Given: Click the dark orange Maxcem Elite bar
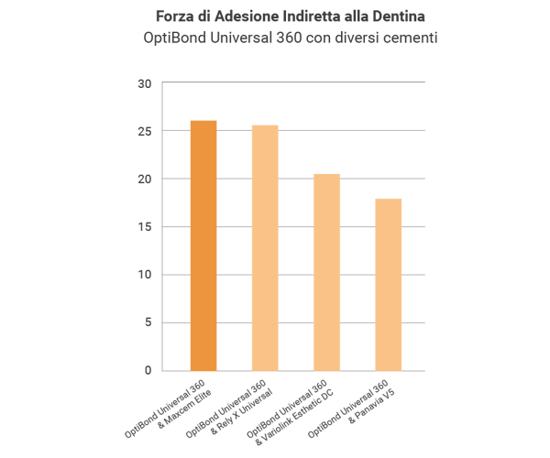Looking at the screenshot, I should click(203, 245).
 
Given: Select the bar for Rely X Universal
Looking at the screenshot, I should click(265, 247).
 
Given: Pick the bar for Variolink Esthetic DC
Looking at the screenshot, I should click(326, 272).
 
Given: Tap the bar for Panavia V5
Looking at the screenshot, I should click(388, 284).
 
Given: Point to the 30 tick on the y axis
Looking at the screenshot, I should click(144, 84).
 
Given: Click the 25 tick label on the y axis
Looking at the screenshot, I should click(144, 132).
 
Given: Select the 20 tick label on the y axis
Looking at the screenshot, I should click(144, 180).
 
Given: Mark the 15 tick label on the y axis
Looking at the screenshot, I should click(144, 227).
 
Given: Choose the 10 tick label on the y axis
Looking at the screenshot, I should click(144, 275).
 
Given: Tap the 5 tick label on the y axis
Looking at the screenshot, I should click(147, 322).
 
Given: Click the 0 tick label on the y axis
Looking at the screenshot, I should click(147, 370).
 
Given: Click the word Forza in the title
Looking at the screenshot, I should click(173, 17).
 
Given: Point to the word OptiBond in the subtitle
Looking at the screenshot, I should click(177, 39).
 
